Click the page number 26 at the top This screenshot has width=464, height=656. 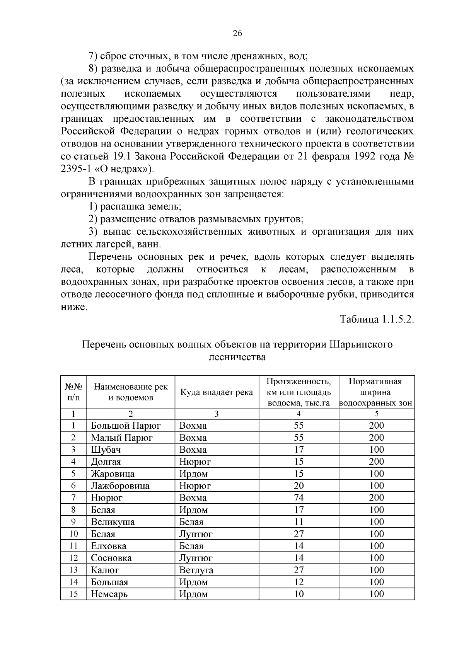click(237, 34)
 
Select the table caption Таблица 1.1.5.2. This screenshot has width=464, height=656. click(377, 320)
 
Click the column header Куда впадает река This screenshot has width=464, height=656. click(217, 392)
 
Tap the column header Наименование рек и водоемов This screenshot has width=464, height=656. click(131, 392)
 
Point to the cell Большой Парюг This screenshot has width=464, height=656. click(126, 426)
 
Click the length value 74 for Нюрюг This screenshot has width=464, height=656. click(299, 498)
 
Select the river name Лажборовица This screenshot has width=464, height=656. click(120, 486)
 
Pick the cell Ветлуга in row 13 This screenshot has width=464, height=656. click(196, 570)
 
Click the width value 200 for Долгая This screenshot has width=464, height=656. click(376, 462)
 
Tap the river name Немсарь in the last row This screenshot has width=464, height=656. click(109, 594)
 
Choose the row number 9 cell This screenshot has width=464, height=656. click(73, 522)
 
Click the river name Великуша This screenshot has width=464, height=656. click(113, 522)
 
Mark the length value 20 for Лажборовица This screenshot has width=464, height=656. click(299, 486)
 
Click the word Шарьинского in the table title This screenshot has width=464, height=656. click(361, 344)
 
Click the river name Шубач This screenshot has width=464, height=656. click(106, 450)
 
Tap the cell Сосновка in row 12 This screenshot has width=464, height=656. click(111, 558)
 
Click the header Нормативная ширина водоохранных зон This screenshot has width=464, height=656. click(376, 392)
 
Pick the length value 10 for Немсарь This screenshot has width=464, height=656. click(299, 594)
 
